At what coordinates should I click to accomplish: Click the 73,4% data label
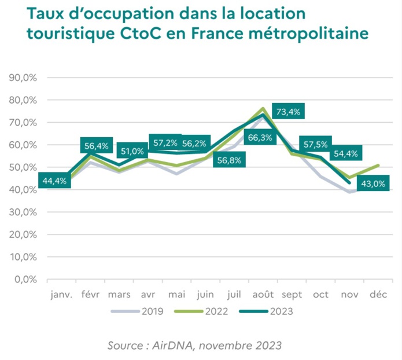(x=288, y=112)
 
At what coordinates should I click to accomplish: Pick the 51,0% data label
(x=132, y=151)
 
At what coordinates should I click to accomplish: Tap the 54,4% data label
(x=346, y=154)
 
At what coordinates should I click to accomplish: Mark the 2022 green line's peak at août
(x=263, y=108)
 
